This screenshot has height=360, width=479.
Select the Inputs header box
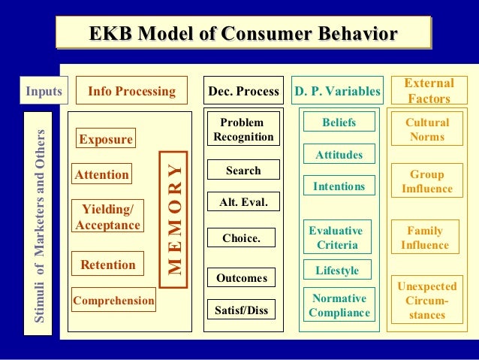[44, 92]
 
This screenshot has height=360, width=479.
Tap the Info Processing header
[131, 92]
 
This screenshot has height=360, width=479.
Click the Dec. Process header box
[243, 92]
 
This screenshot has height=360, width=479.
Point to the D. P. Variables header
[337, 92]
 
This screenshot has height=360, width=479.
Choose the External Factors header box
[429, 91]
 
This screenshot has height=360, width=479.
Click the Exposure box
[106, 140]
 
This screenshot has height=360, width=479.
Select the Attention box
[102, 175]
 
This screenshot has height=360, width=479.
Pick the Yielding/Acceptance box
[108, 216]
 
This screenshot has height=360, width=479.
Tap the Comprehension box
[113, 301]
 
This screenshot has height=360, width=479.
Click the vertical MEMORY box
[173, 218]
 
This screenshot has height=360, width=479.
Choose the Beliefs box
[339, 123]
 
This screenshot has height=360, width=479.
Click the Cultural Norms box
[427, 130]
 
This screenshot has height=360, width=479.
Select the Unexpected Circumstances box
[426, 300]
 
